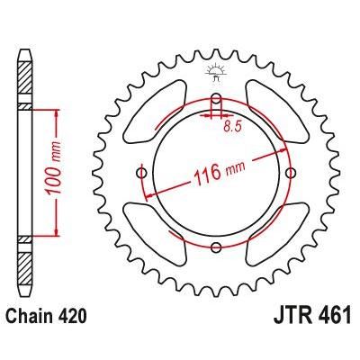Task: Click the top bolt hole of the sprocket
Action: tap(216, 98)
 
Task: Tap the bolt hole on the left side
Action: tap(141, 173)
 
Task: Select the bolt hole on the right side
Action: tap(291, 173)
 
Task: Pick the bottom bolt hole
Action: tap(216, 247)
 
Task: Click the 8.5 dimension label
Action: tap(232, 127)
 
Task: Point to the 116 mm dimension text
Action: tap(220, 173)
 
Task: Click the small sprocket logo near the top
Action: tap(215, 73)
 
